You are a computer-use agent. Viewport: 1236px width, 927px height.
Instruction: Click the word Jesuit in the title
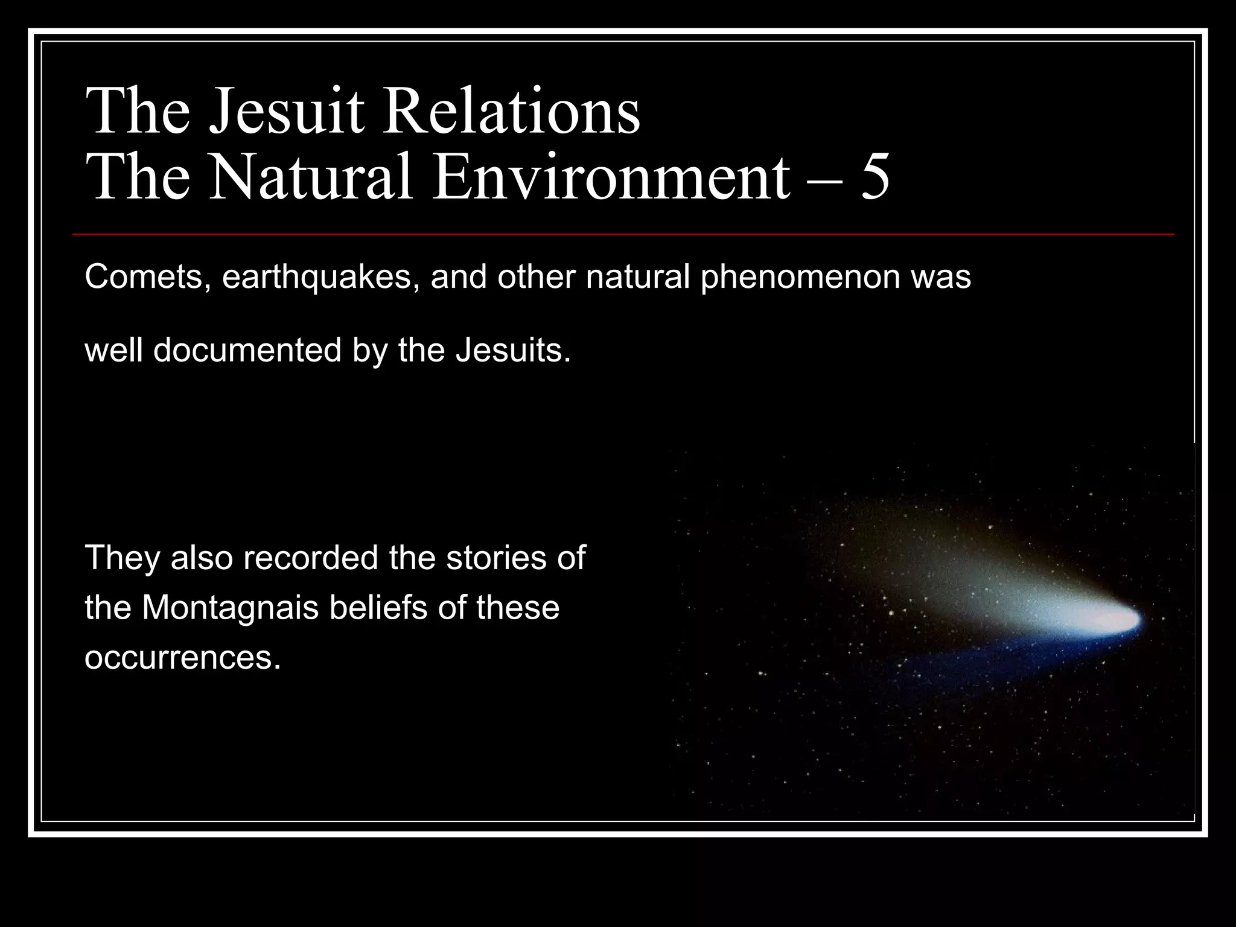pos(287,112)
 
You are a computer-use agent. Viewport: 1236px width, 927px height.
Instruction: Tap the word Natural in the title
pos(311,178)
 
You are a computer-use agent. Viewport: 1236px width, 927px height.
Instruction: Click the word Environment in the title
pos(610,178)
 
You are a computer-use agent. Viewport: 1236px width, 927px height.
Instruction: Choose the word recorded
pos(311,558)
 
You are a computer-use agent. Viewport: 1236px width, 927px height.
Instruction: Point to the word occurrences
pos(182,658)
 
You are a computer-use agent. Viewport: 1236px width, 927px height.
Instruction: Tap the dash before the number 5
pos(823,181)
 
